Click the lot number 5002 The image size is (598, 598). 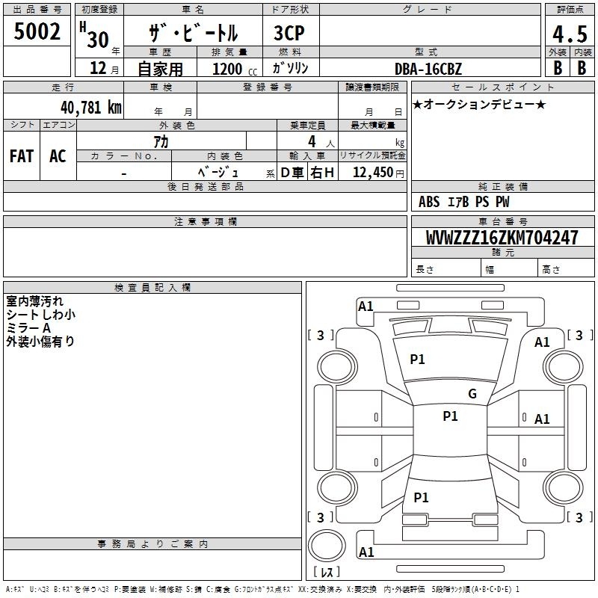point(37,31)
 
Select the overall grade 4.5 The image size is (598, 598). point(570,34)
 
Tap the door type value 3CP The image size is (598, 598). point(289,33)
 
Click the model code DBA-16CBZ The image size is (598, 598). point(428,69)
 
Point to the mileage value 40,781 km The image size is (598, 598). point(90,108)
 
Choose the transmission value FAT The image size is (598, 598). point(22,156)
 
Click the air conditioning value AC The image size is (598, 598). point(58,156)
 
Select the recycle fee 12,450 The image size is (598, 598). point(372,173)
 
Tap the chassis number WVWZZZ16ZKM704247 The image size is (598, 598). point(502,238)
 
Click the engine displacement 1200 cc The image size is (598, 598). point(235,69)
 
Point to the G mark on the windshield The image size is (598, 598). point(472,394)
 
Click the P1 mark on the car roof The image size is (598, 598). point(450,416)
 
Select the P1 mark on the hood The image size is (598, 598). point(417,360)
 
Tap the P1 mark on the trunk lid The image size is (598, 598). point(421,497)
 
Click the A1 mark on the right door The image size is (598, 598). point(542,419)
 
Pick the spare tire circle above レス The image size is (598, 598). point(327,545)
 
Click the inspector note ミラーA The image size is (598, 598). point(28,328)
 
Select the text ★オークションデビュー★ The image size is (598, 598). point(479,104)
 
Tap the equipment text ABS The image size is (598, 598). point(429,202)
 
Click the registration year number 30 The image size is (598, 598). point(98,40)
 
